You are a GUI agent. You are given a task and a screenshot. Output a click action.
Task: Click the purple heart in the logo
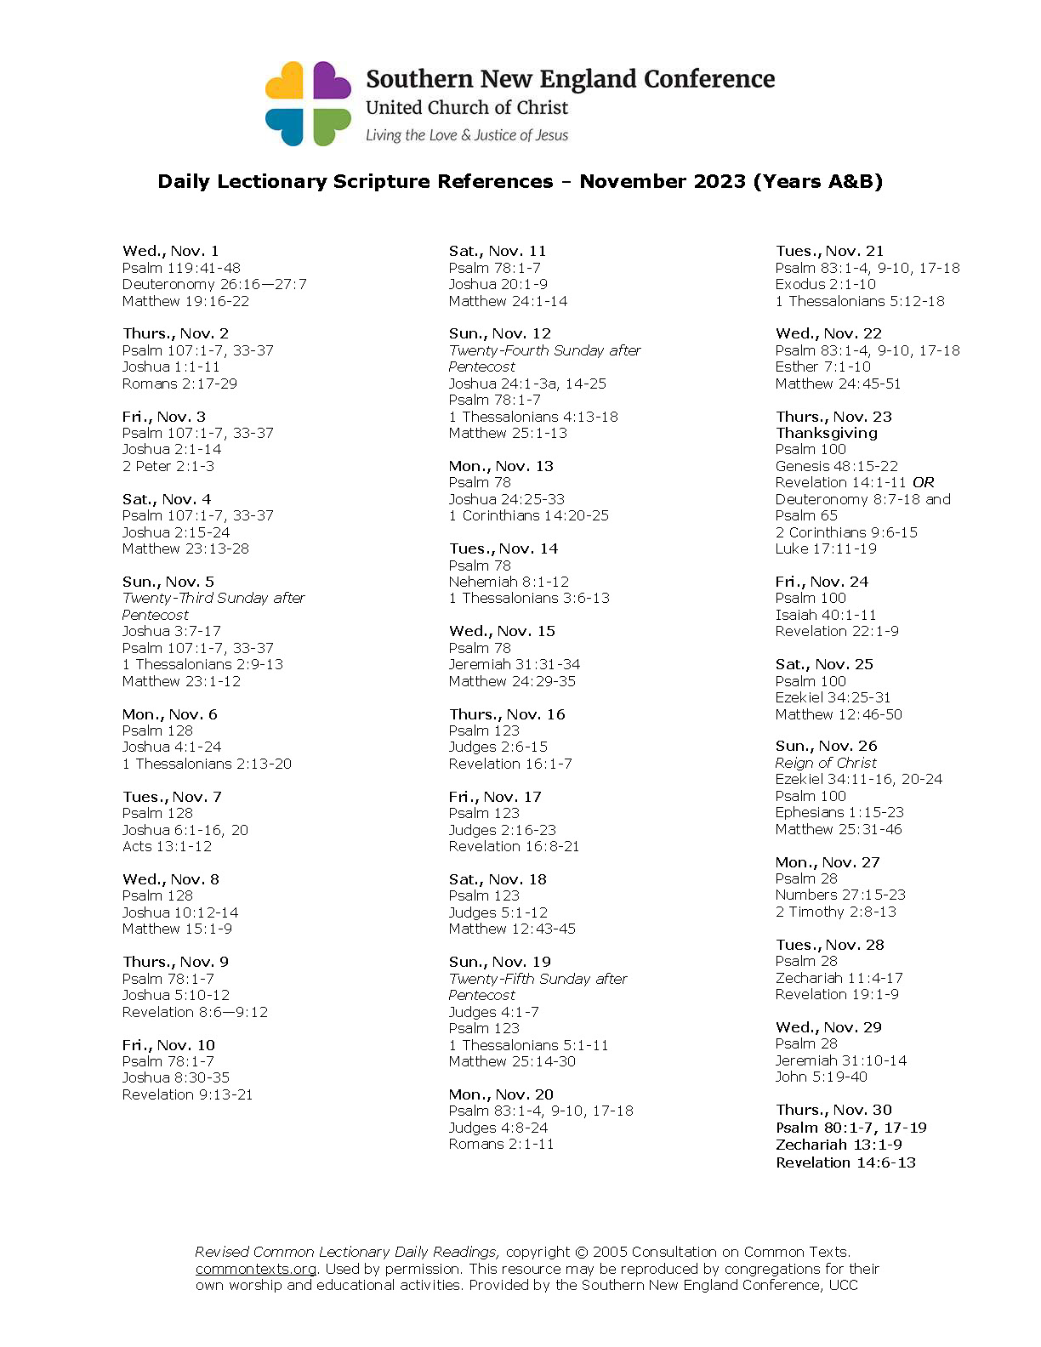click(x=332, y=81)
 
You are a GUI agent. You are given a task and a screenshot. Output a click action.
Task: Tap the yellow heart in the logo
click(x=285, y=82)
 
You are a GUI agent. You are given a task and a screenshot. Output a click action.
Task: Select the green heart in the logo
click(x=331, y=126)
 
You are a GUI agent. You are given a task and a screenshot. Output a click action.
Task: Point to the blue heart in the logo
click(x=285, y=126)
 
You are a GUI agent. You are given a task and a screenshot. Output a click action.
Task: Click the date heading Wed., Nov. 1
click(x=170, y=251)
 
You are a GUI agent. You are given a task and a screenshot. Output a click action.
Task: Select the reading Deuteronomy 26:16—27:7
click(x=214, y=284)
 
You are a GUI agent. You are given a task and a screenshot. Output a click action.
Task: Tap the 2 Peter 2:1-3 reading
click(x=168, y=466)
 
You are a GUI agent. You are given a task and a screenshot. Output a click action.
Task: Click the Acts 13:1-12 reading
click(x=167, y=846)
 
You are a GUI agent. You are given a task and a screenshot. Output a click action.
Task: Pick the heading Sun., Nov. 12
click(x=499, y=333)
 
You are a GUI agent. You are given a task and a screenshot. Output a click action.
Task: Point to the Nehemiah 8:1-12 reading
click(x=509, y=582)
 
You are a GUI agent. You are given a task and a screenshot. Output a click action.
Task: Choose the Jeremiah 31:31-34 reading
click(x=514, y=664)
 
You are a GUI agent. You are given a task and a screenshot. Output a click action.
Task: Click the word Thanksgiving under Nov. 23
click(x=826, y=433)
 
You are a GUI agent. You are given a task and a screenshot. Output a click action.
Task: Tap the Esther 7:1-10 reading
click(x=822, y=367)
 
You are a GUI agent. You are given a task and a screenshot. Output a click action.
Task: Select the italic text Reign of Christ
click(x=825, y=763)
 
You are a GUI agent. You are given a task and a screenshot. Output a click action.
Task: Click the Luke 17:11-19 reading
click(x=825, y=548)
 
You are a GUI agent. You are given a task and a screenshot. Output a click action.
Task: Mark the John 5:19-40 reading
click(x=821, y=1077)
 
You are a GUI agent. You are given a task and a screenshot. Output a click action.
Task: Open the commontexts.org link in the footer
click(x=255, y=1269)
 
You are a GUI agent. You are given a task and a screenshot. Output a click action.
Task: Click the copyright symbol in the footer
click(x=581, y=1252)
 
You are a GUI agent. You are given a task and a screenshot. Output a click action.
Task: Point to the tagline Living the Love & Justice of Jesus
click(x=467, y=135)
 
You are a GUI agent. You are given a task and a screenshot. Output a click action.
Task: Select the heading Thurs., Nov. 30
click(x=833, y=1110)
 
